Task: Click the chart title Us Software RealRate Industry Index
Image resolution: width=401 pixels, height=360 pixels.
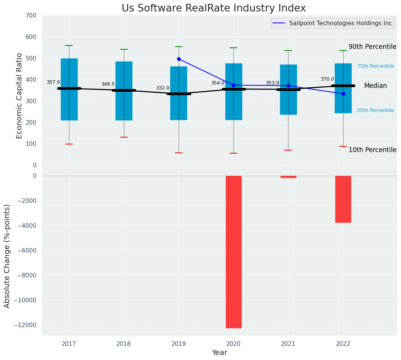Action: coord(214,8)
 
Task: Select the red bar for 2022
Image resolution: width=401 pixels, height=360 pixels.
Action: coord(343,199)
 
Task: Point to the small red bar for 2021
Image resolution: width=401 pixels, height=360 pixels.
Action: coord(288,177)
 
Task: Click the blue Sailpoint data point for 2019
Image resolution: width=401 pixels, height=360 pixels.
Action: coord(179,59)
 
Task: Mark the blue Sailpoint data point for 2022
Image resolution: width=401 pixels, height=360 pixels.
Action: coord(343,94)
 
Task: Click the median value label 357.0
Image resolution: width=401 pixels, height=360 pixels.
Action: coord(53,82)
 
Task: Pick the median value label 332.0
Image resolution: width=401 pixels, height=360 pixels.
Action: coord(163,88)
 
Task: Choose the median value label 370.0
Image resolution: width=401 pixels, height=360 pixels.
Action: coord(327,79)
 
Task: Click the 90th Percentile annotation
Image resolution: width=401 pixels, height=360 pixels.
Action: coord(372,47)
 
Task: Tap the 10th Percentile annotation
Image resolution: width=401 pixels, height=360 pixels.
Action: coord(372,150)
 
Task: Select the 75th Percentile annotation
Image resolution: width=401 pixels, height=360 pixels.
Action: coord(375,66)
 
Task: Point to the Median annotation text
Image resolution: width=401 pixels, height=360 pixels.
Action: coord(375,86)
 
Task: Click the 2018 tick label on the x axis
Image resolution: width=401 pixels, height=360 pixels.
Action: coord(124,344)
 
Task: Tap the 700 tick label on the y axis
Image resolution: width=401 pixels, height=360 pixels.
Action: coord(31,16)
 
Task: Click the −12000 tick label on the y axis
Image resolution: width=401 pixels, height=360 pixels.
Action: coord(24,325)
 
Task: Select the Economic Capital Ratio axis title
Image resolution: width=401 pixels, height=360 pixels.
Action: coord(20,96)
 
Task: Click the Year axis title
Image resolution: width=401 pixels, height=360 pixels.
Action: coord(220,353)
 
